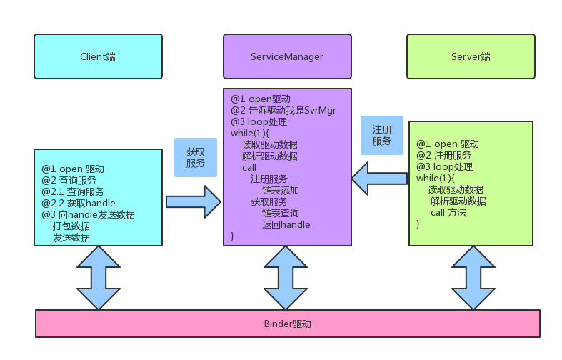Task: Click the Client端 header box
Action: tap(98, 56)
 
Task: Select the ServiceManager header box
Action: tap(286, 56)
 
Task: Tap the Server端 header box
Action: tap(471, 56)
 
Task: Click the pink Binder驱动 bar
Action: tap(287, 324)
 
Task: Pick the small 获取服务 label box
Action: tap(195, 158)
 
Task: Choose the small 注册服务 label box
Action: tap(381, 136)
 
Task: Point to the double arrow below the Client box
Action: tap(99, 277)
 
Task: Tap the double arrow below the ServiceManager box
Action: tap(286, 277)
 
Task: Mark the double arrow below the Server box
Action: tap(473, 277)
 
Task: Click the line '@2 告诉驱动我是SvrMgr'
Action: tap(283, 111)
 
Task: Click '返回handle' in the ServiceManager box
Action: tap(286, 224)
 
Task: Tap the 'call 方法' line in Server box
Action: tap(448, 212)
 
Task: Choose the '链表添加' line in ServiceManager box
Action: tap(280, 191)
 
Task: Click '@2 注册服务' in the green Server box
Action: tap(443, 155)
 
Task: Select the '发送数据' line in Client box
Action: tap(71, 237)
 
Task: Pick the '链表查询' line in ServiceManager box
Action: tap(280, 213)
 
